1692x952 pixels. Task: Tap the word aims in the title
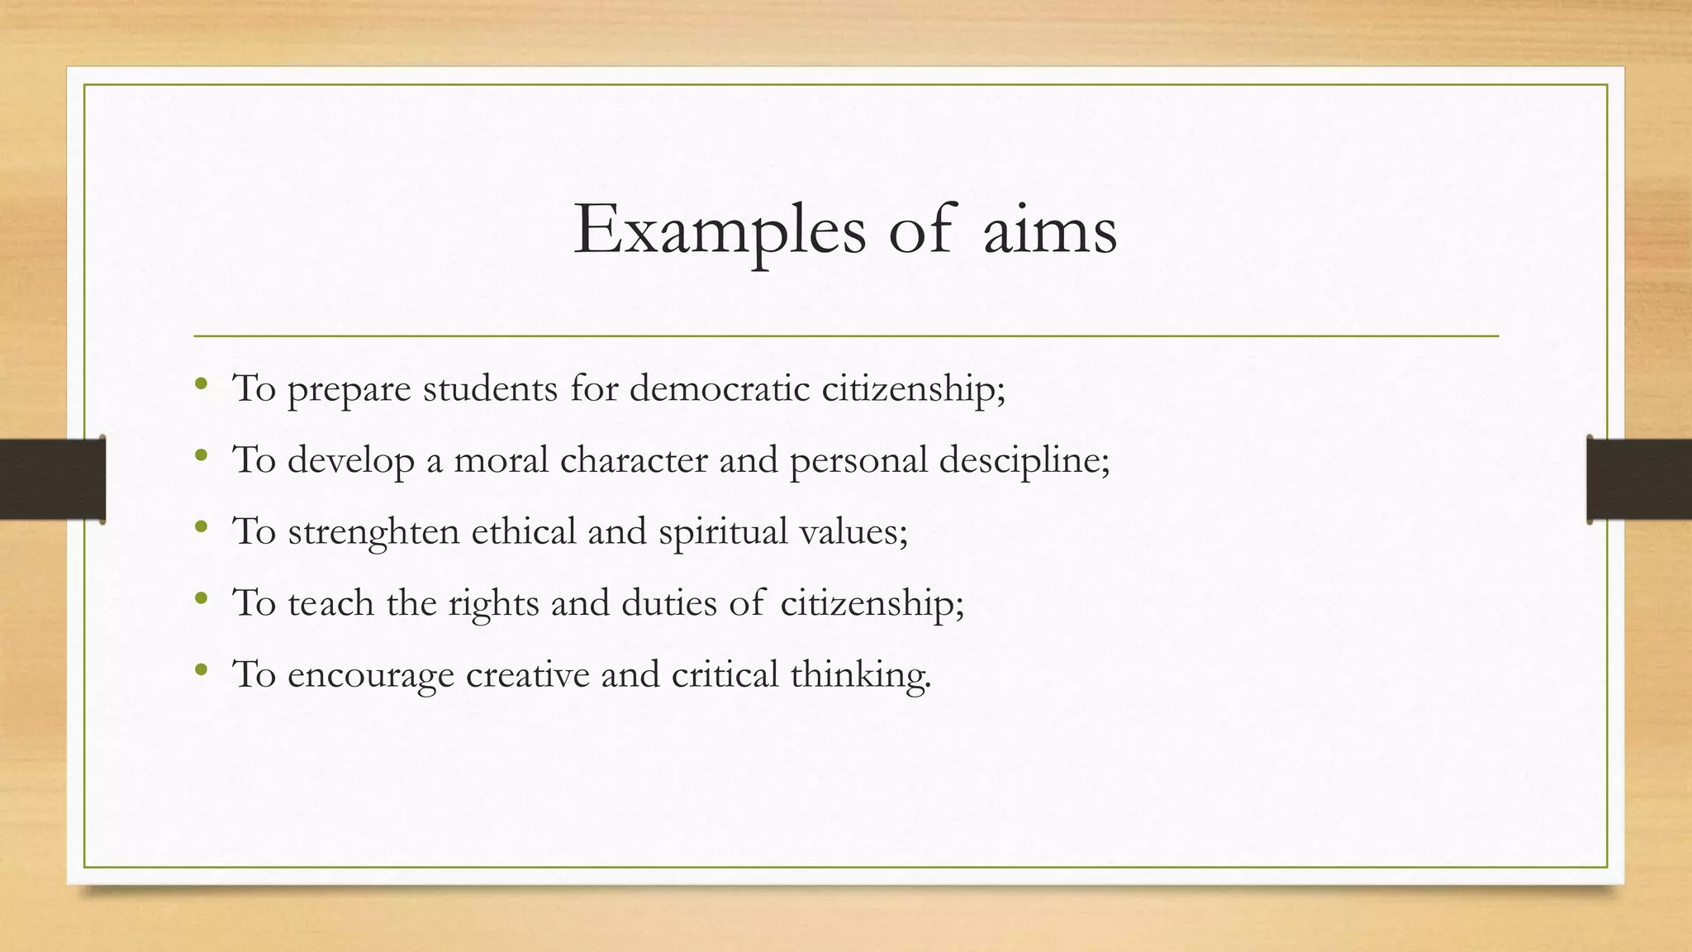point(1050,230)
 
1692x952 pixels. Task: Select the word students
point(490,388)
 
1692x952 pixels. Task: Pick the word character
point(634,459)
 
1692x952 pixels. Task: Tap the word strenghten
point(373,531)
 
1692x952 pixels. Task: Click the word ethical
point(523,531)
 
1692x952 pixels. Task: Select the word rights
point(493,603)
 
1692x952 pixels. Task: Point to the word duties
point(668,602)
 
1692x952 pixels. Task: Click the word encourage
point(370,675)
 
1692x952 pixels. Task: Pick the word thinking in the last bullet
point(859,674)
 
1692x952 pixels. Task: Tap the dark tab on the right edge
point(1639,479)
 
